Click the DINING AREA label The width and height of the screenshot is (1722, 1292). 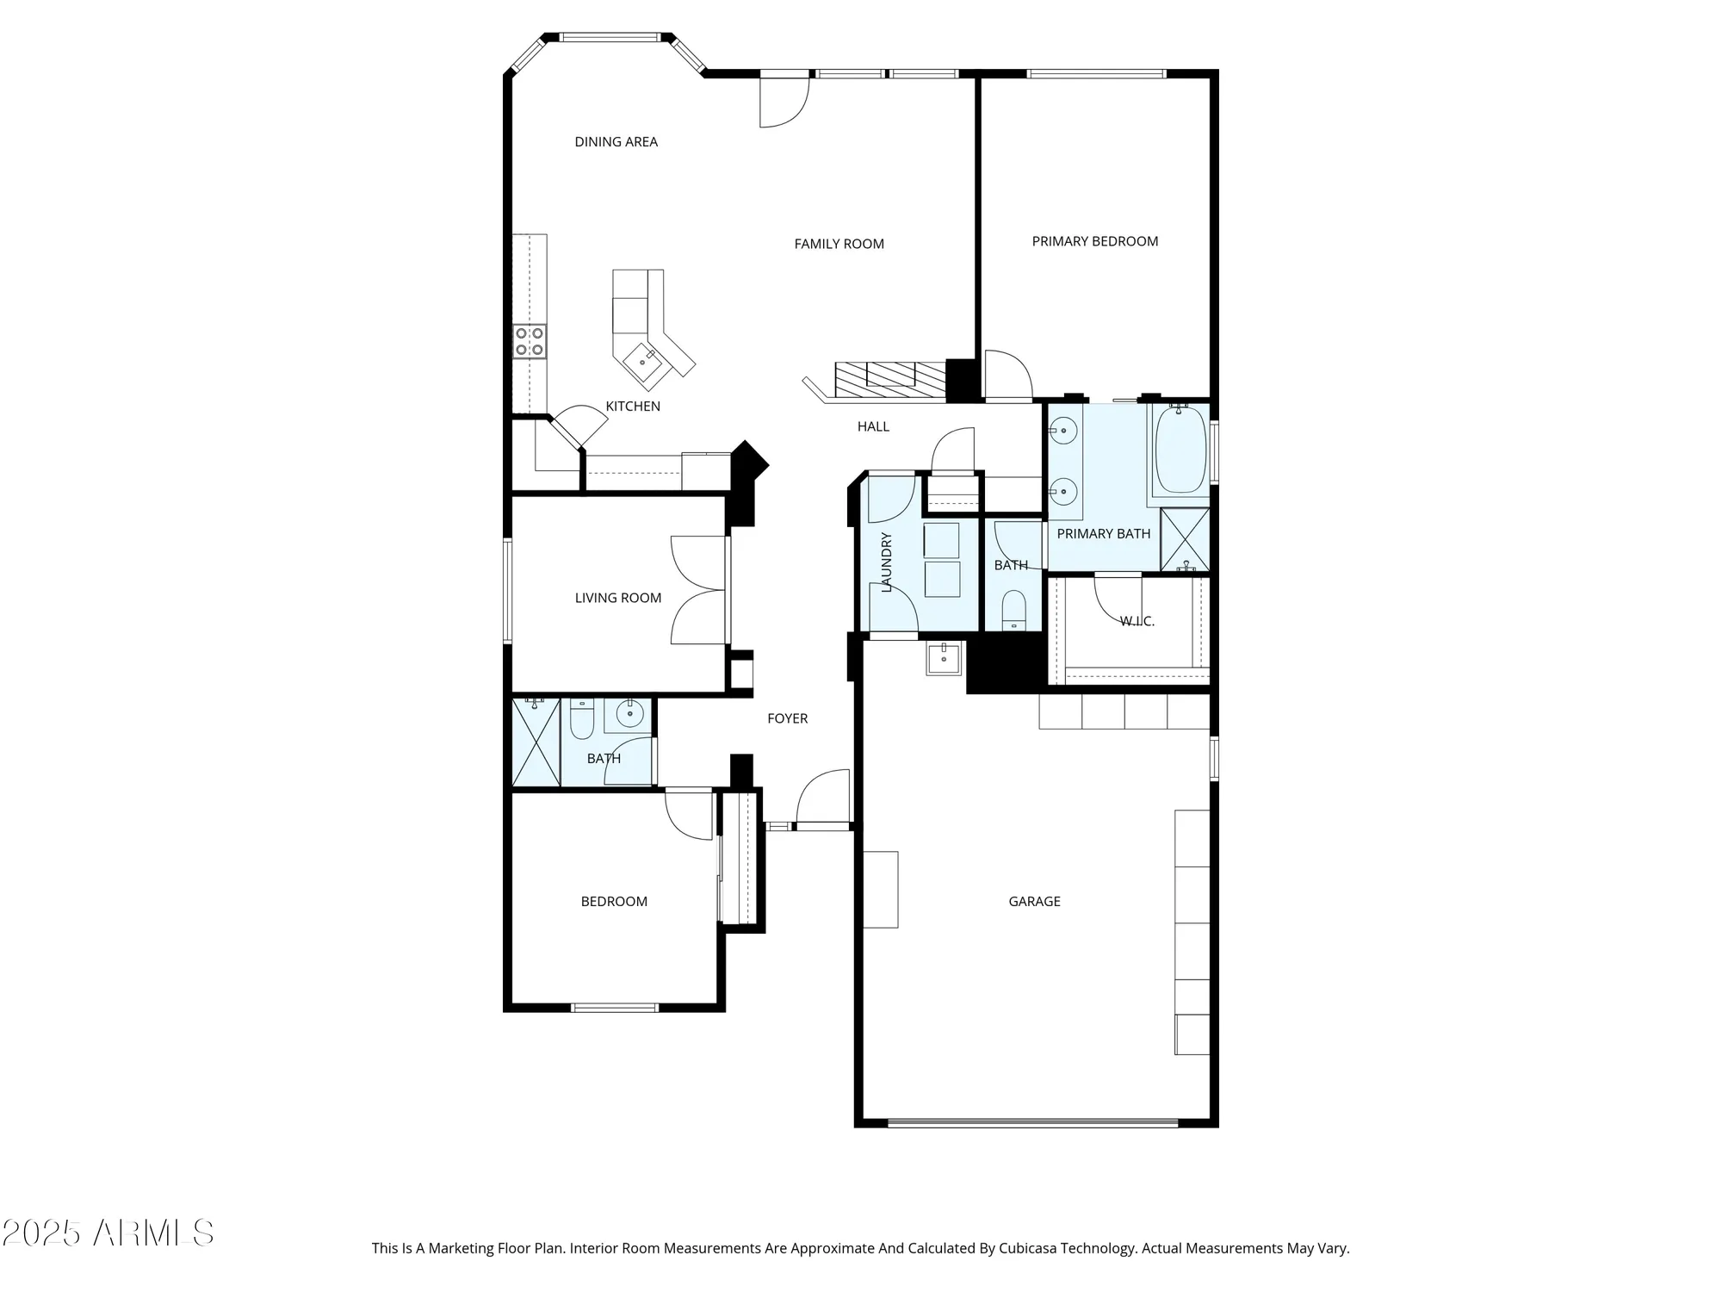point(616,142)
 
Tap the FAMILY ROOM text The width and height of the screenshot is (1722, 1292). point(839,244)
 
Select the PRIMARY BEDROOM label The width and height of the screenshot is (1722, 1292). point(1094,241)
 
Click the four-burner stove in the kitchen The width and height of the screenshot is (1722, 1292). point(530,341)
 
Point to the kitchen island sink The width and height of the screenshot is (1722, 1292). point(643,362)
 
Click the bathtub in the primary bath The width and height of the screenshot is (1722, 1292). point(1180,450)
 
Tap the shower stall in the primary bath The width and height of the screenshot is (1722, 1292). point(1185,539)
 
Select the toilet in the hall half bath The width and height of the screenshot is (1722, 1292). point(1014,610)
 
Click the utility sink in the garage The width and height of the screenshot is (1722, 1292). point(944,659)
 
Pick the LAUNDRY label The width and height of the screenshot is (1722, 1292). point(887,562)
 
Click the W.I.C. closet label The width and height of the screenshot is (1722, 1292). point(1137,621)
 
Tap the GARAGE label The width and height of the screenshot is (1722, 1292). point(1034,901)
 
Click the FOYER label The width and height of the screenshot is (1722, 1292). point(787,718)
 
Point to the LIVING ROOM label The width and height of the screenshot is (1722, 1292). point(617,598)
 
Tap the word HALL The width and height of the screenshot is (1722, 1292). point(873,426)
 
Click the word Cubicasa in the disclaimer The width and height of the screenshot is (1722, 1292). point(1027,1248)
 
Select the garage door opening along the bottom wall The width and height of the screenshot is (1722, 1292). point(1032,1122)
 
